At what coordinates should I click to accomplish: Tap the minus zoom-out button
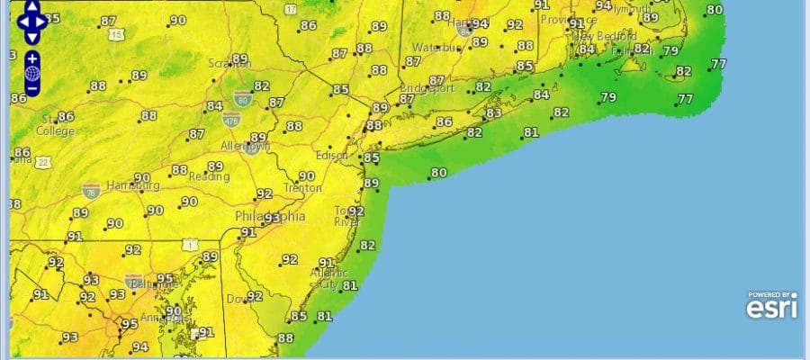pyautogui.click(x=32, y=89)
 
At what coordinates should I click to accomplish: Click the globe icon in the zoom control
pyautogui.click(x=32, y=74)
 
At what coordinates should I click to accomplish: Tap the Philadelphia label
pyautogui.click(x=270, y=217)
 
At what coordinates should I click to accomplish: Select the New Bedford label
pyautogui.click(x=601, y=36)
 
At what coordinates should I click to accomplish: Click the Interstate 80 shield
pyautogui.click(x=241, y=94)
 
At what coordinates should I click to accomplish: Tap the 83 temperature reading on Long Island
pyautogui.click(x=493, y=113)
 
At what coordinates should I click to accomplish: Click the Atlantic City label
pyautogui.click(x=328, y=278)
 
